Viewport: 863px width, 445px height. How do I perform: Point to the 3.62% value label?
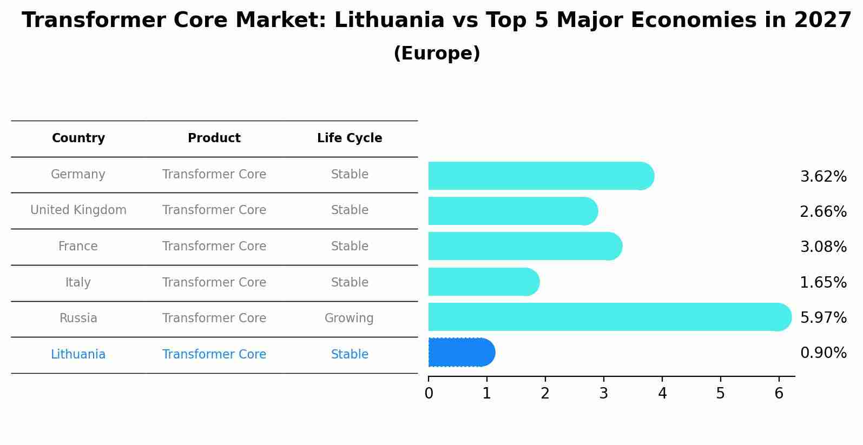[823, 177]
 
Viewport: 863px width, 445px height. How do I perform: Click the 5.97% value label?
[823, 317]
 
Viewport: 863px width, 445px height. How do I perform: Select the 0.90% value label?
[823, 353]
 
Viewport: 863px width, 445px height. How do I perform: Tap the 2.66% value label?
[823, 212]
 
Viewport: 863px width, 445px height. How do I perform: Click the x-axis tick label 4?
[662, 394]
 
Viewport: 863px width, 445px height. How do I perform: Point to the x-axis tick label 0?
[429, 394]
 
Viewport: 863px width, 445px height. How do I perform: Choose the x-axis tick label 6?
[779, 394]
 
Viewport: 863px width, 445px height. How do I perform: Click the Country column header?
[78, 138]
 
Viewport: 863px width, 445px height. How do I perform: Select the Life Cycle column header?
[350, 138]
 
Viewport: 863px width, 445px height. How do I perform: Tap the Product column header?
[214, 138]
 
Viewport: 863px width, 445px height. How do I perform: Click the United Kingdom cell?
[78, 210]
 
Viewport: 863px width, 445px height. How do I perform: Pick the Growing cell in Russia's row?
[349, 318]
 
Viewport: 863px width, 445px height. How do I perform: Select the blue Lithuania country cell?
[78, 355]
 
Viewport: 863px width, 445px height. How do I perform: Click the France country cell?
[78, 247]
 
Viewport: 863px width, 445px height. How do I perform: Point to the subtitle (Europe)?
[437, 54]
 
